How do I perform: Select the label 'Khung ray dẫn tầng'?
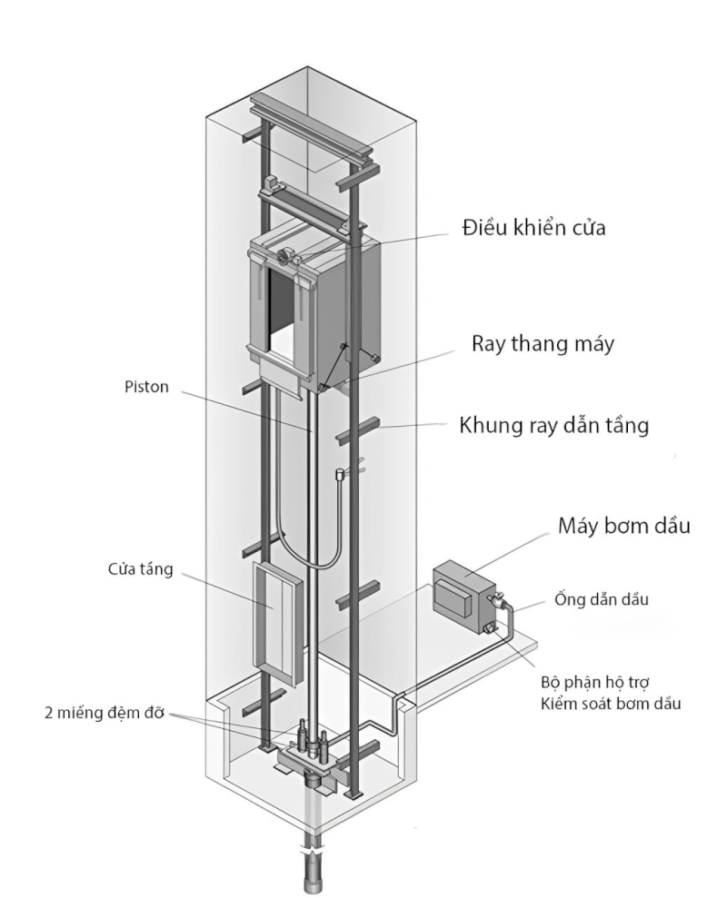coord(553,427)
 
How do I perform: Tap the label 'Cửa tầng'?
coord(138,573)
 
